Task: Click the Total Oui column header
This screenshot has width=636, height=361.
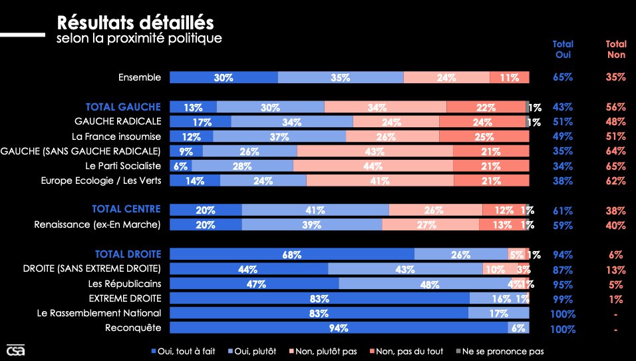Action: point(563,49)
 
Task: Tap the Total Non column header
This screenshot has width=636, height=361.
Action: point(616,49)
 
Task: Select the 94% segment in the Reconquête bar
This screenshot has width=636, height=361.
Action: point(339,328)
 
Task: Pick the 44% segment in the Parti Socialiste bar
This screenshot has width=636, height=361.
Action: point(373,166)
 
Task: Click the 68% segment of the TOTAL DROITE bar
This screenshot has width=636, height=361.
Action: point(292,254)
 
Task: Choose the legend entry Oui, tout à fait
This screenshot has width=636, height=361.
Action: point(184,350)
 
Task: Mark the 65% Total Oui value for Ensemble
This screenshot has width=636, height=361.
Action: point(563,77)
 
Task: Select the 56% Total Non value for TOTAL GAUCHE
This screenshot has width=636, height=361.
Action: point(616,107)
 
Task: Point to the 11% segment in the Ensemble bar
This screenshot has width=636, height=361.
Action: point(510,77)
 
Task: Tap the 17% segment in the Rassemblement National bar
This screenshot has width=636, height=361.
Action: point(498,313)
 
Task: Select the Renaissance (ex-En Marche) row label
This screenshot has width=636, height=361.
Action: point(97,224)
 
